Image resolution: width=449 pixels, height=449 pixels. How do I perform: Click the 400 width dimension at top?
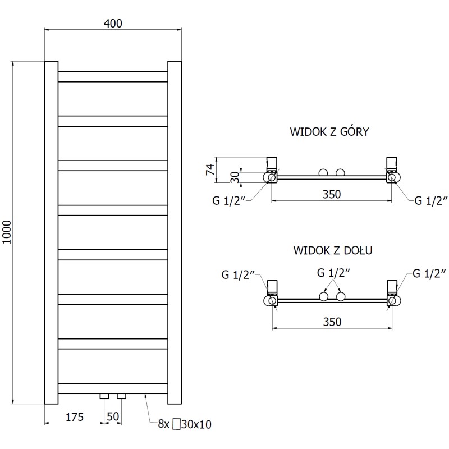pyautogui.click(x=113, y=23)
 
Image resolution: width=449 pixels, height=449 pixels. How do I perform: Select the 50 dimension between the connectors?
pyautogui.click(x=113, y=416)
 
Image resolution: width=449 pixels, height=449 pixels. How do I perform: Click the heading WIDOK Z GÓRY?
pyautogui.click(x=329, y=132)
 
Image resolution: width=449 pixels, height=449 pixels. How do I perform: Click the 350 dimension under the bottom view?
pyautogui.click(x=332, y=322)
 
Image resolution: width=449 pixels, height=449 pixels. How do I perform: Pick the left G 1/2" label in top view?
pyautogui.click(x=227, y=201)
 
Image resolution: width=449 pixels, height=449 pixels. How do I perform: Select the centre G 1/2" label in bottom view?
pyautogui.click(x=333, y=273)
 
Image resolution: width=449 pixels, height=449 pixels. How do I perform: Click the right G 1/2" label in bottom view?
pyautogui.click(x=429, y=274)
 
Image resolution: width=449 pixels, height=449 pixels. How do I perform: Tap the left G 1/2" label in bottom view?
pyautogui.click(x=238, y=274)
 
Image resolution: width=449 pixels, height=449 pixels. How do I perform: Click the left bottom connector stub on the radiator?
pyautogui.click(x=104, y=396)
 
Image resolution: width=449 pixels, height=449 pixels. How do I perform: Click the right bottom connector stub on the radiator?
pyautogui.click(x=121, y=396)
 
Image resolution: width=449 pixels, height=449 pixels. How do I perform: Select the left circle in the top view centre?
pyautogui.click(x=323, y=173)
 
